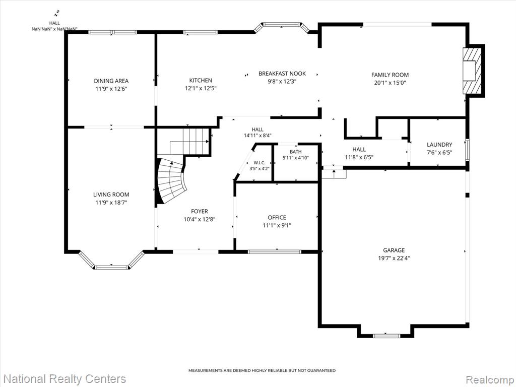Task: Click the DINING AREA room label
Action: [x=111, y=81]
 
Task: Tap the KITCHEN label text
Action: [x=201, y=80]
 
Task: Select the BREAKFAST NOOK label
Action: [x=282, y=74]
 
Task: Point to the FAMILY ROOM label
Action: [x=390, y=75]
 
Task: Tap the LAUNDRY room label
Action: [x=439, y=145]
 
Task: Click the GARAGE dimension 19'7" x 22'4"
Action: [x=394, y=259]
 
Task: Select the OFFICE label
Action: [x=277, y=218]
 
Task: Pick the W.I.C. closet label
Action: [x=260, y=163]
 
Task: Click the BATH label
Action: [x=295, y=152]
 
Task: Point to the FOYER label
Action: [x=200, y=211]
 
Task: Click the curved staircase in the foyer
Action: [x=171, y=181]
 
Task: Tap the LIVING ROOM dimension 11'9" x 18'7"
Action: [x=111, y=203]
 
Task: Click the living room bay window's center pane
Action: [x=111, y=267]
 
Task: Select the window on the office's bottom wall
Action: [x=275, y=252]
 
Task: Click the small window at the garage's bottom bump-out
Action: [x=386, y=336]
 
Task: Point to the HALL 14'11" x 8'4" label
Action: [x=257, y=133]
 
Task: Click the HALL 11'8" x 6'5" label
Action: [x=359, y=153]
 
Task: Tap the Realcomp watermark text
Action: [x=490, y=379]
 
